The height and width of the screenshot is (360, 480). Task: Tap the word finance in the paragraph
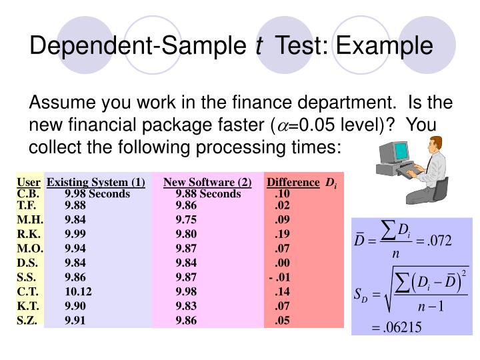click(273, 103)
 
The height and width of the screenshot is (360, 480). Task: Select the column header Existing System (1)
click(96, 182)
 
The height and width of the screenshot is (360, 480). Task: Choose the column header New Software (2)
click(207, 182)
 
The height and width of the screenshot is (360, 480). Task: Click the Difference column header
click(293, 182)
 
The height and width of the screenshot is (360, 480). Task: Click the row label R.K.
click(29, 234)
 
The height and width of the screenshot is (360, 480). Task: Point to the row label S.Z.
click(29, 320)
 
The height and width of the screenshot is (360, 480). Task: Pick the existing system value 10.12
click(78, 291)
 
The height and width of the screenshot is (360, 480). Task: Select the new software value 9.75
click(186, 219)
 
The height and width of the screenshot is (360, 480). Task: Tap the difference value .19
click(281, 234)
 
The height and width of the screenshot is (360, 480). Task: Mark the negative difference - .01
click(279, 277)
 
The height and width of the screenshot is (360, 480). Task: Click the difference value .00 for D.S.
click(281, 263)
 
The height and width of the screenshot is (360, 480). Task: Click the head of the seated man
click(435, 145)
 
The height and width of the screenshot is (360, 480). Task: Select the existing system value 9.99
click(75, 234)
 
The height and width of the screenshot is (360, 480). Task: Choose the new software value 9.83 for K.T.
click(186, 305)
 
